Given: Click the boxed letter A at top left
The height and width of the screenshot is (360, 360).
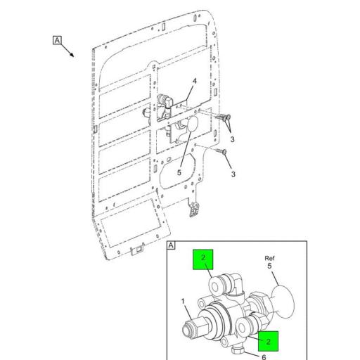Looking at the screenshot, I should click(x=57, y=39).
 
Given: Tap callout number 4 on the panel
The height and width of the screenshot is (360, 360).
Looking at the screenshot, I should click(x=194, y=82).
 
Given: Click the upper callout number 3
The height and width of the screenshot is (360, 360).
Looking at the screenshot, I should click(x=233, y=139).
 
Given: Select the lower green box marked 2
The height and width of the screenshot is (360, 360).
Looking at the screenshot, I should click(x=268, y=342).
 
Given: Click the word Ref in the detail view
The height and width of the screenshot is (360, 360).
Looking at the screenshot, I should click(x=269, y=258).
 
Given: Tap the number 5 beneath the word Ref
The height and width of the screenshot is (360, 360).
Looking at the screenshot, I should click(x=269, y=266).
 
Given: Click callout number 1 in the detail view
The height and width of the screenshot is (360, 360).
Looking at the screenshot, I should click(x=183, y=303).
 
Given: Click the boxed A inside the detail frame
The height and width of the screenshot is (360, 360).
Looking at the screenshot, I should click(x=171, y=245).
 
